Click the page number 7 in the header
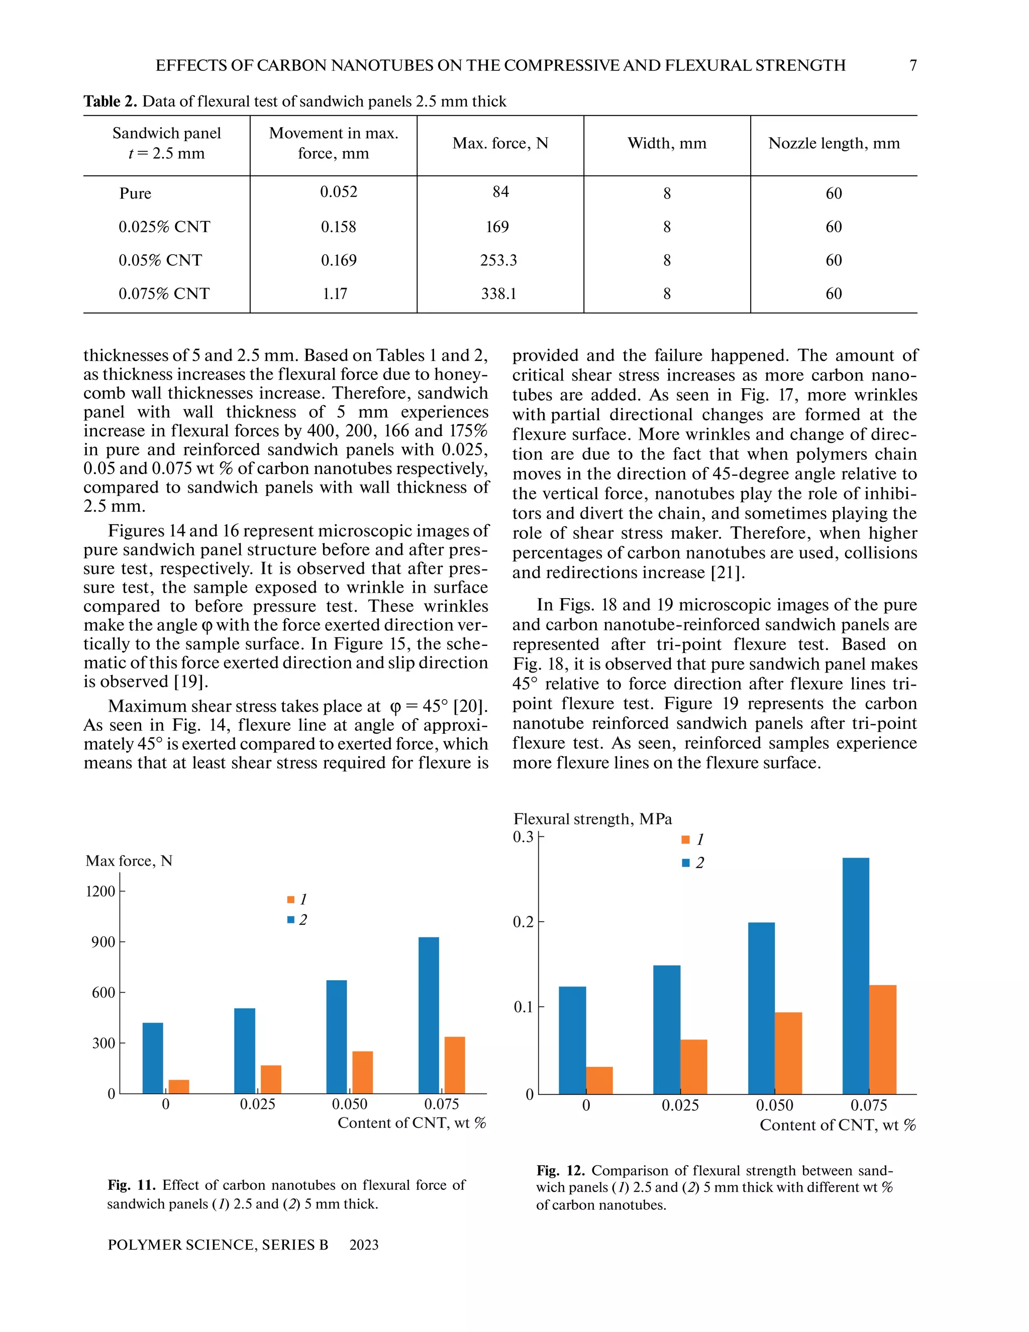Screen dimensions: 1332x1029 click(912, 65)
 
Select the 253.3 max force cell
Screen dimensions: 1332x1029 click(498, 260)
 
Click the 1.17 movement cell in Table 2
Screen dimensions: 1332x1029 click(335, 294)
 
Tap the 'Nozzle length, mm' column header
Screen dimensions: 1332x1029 click(834, 143)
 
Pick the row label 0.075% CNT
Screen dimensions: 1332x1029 click(163, 294)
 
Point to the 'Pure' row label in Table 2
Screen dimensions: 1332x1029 click(135, 194)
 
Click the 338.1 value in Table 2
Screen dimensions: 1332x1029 click(498, 294)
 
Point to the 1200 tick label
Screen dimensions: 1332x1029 click(100, 891)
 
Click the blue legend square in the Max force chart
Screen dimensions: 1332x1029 click(291, 919)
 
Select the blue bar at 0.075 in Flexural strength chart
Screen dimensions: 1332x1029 click(855, 976)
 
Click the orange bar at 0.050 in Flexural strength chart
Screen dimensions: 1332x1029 click(788, 1053)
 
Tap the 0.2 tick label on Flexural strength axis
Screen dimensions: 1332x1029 click(523, 922)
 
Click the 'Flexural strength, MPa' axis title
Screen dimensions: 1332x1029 click(592, 819)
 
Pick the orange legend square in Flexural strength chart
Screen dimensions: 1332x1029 click(685, 840)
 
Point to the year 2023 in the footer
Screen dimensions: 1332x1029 click(364, 1245)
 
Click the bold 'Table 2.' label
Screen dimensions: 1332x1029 click(110, 101)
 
